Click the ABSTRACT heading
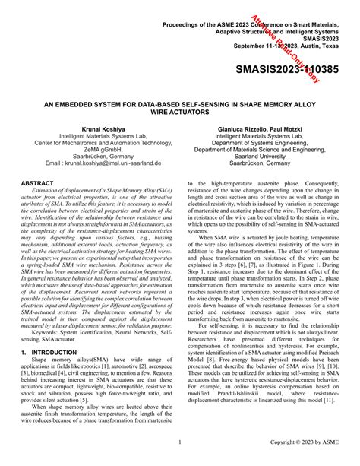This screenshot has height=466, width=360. (37, 184)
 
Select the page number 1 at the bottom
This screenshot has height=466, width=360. (179, 442)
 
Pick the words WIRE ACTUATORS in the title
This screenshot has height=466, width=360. (179, 109)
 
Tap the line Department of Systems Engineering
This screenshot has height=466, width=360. (264, 143)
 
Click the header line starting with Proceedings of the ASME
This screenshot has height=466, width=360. (254, 25)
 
